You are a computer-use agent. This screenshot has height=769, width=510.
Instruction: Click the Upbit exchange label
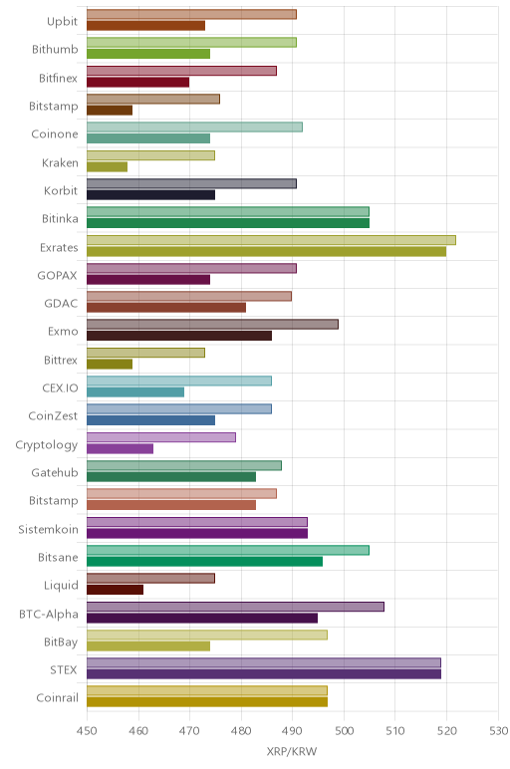pos(63,21)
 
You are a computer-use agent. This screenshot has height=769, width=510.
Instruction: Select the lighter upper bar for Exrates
pos(271,240)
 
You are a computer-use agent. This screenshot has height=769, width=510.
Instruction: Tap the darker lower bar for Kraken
pos(107,166)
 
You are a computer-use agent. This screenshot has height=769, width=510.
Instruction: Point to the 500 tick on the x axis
pos(344,731)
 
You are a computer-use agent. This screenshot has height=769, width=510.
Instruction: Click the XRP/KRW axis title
pos(292,751)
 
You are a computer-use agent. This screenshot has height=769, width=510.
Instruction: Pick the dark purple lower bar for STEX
pos(264,673)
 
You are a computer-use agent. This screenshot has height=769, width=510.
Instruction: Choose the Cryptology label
pos(47,445)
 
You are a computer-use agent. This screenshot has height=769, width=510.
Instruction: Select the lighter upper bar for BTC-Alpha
pos(235,607)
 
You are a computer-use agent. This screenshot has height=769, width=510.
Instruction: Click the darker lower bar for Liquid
pos(116,590)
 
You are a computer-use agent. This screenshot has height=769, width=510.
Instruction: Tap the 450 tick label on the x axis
pos(87,731)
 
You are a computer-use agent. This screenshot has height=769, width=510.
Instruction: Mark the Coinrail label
pos(58,697)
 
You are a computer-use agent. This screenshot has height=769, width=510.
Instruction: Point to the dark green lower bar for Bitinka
pos(228,223)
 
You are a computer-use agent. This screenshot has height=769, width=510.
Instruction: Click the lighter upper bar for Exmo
pos(212,324)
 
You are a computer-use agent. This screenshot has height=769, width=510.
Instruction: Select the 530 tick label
pos(499,731)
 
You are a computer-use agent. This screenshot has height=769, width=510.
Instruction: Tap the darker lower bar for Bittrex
pos(110,364)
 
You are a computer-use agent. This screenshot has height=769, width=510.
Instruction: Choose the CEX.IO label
pos(60,387)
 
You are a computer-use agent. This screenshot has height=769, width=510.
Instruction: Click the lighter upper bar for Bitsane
pos(228,550)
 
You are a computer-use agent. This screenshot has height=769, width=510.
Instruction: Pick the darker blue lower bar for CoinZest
pos(151,420)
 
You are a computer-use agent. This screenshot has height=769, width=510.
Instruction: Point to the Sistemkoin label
pos(48,529)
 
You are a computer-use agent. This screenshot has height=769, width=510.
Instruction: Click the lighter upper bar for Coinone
pos(194,128)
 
